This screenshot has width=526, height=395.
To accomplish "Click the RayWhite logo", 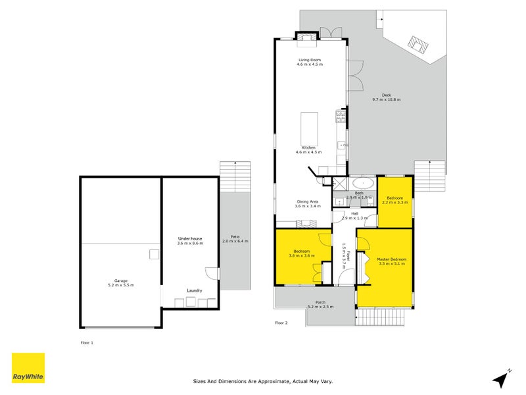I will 28,368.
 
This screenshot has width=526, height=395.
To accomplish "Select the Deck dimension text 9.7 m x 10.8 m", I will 386,99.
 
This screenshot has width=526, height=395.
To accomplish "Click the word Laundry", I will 194,290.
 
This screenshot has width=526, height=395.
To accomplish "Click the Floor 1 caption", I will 87,343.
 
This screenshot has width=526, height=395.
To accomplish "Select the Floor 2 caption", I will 281,323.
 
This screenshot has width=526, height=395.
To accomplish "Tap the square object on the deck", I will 418,45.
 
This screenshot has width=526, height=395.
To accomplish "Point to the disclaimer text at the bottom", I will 272,381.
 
